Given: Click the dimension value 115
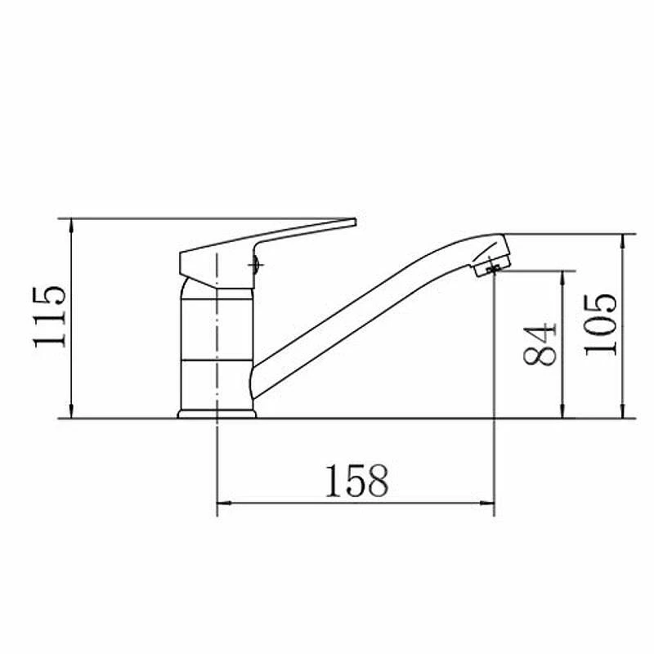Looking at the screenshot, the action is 49,316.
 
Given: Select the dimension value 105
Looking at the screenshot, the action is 600,325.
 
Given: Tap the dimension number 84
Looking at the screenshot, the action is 540,344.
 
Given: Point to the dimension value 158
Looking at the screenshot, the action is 356,481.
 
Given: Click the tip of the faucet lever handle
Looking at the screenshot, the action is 355,222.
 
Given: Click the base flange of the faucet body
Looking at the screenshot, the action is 217,414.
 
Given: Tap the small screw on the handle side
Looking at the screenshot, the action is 255,265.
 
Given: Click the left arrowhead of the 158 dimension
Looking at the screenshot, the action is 224,504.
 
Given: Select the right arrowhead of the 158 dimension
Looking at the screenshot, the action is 487,504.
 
